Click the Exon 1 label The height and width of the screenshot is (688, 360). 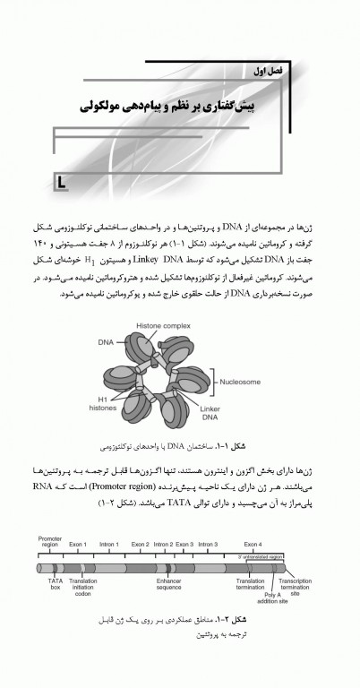point(79,544)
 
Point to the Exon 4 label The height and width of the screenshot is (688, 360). point(253,544)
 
